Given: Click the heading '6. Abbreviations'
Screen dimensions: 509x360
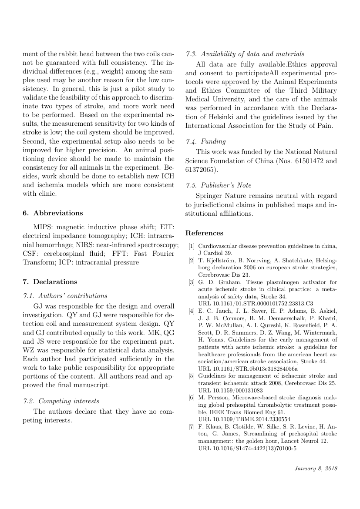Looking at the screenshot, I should [x=53, y=213].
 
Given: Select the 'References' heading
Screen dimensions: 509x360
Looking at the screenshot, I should [x=204, y=233].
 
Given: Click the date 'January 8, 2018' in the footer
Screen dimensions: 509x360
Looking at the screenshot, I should [x=316, y=468].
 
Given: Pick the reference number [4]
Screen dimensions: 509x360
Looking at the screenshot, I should [x=192, y=311].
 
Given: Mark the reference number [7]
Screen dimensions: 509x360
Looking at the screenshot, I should [x=192, y=426].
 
